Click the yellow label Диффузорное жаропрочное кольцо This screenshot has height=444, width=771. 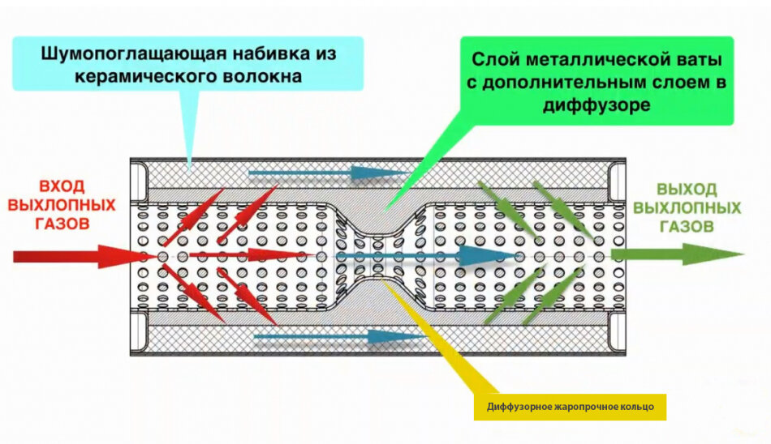(570, 406)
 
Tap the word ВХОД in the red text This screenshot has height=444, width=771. (61, 186)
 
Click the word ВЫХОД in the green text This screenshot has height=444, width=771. (687, 190)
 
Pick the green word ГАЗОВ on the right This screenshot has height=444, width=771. (687, 227)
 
